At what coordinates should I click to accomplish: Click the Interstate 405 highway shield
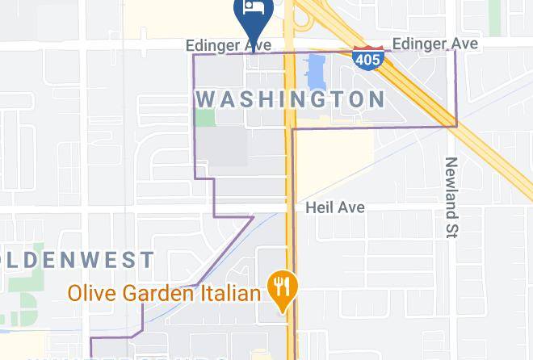(367, 59)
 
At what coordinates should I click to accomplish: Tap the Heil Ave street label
(335, 207)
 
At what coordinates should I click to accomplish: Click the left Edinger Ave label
(228, 45)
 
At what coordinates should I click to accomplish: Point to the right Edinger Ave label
(434, 44)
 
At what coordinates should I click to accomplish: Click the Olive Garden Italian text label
(164, 292)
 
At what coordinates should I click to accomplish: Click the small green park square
(205, 118)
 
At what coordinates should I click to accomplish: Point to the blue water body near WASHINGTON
(314, 73)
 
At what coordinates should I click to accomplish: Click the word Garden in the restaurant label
(157, 292)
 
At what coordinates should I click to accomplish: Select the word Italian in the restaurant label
(230, 292)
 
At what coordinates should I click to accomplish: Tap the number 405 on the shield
(367, 61)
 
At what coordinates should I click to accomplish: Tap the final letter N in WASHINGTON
(376, 99)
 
